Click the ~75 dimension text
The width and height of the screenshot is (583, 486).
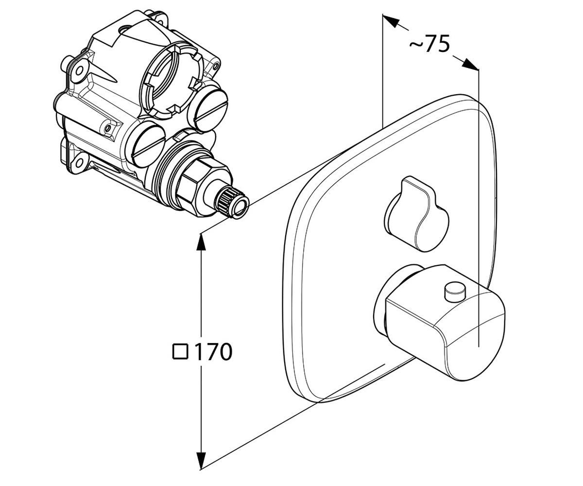pyautogui.click(x=429, y=44)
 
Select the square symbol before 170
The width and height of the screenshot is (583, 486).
pyautogui.click(x=180, y=352)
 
